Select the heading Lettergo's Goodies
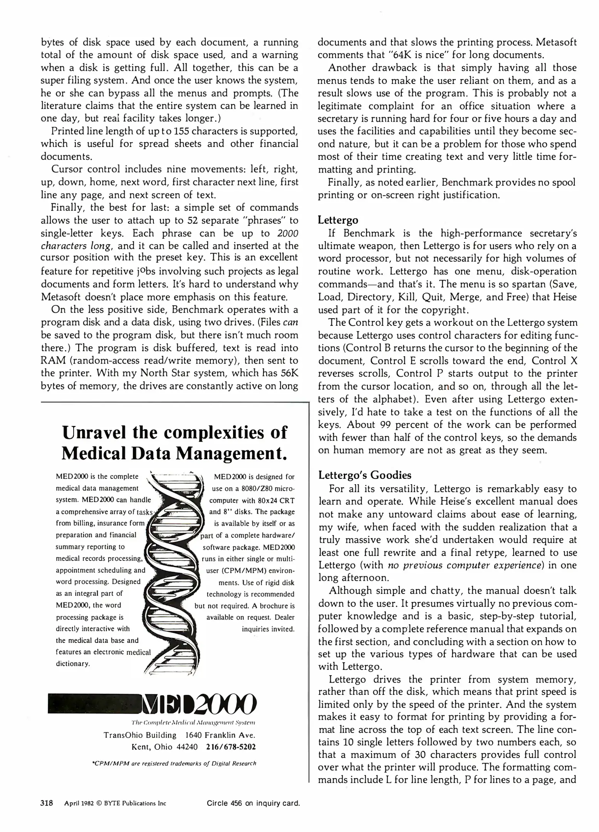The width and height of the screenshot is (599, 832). (364, 475)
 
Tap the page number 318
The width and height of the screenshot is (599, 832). (47, 803)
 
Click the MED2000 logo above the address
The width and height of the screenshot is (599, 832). (153, 703)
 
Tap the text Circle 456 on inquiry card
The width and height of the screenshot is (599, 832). (253, 803)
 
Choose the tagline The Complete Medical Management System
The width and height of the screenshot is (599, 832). (193, 723)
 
